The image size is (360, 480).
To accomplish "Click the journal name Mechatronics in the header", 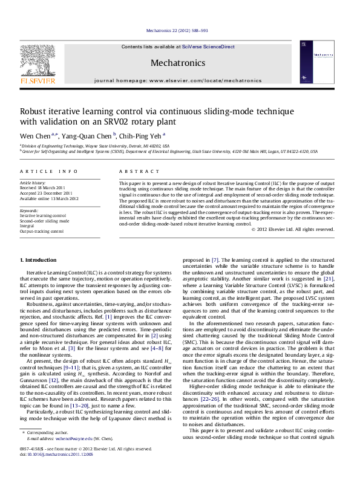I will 177,63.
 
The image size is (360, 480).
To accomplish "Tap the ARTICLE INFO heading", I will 49,172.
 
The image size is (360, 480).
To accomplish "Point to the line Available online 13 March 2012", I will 49,198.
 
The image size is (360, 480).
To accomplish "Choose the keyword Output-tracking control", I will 42,231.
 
